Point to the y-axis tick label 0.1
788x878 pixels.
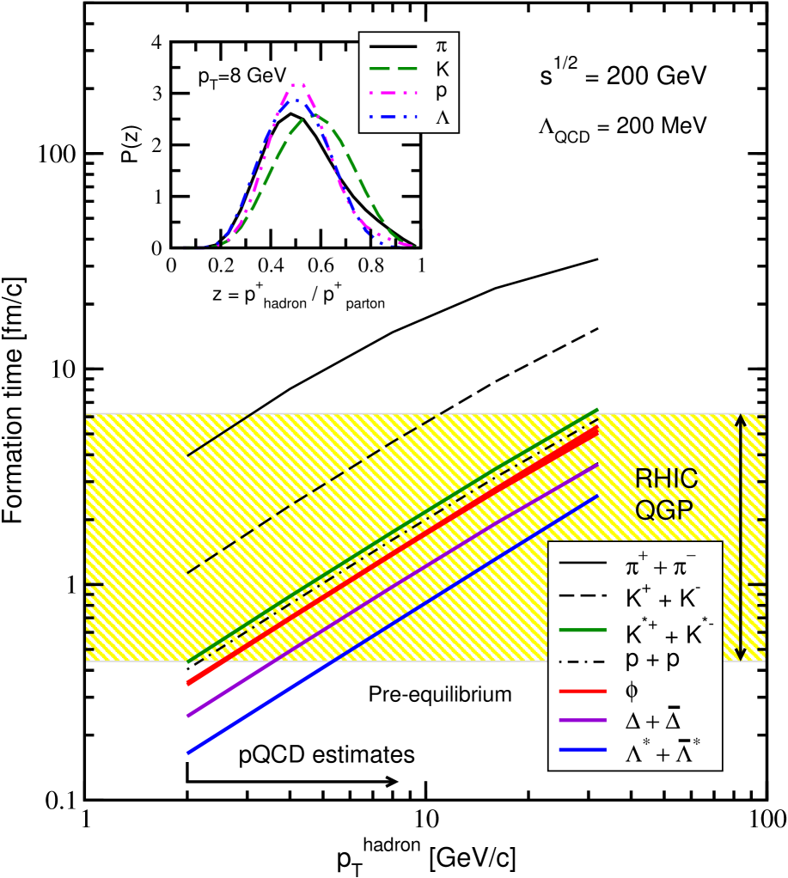pos(59,799)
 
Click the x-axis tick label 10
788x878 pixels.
pos(425,819)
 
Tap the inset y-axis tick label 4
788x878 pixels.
pos(156,41)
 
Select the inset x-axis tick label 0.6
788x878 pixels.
pos(321,265)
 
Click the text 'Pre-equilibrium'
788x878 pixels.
pos(439,693)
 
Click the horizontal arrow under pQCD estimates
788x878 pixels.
pos(292,781)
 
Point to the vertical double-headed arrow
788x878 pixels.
pos(741,537)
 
